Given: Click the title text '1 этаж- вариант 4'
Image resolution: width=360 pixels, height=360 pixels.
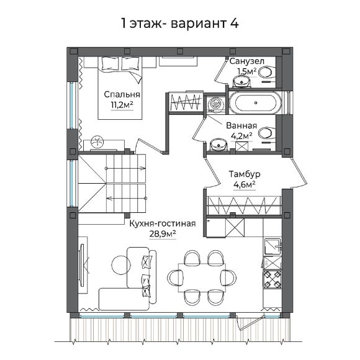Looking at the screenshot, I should (179, 23).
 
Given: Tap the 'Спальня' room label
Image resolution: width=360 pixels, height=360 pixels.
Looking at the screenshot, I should (122, 94).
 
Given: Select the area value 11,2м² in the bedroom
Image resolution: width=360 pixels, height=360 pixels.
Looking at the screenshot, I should (122, 105).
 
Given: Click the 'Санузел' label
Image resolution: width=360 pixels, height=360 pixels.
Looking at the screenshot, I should (247, 61).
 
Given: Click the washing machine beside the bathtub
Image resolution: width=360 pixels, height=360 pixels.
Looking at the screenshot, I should (216, 103).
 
